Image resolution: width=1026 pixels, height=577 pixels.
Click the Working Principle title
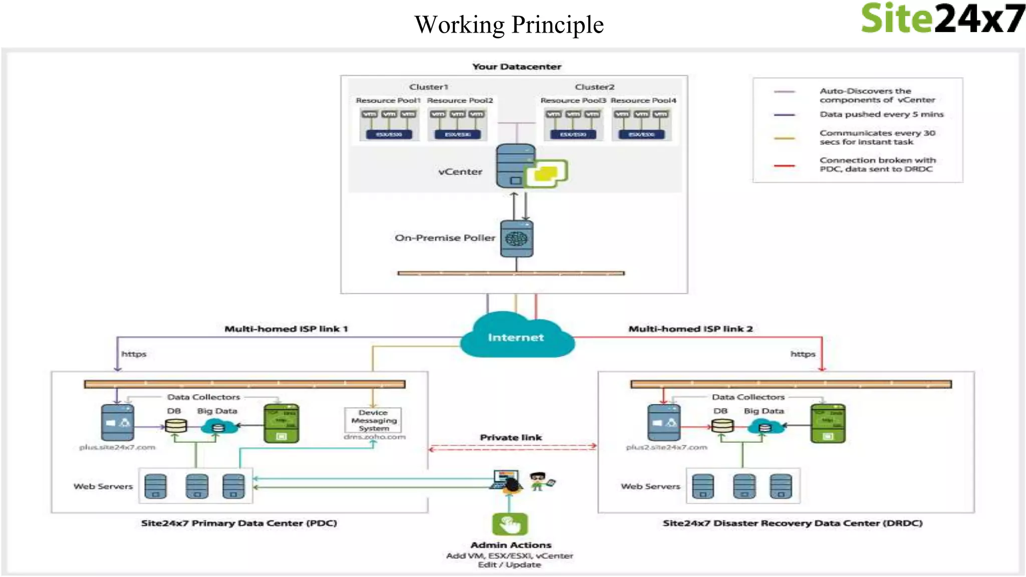pyautogui.click(x=509, y=25)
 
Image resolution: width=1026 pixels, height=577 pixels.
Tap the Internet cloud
pyautogui.click(x=516, y=337)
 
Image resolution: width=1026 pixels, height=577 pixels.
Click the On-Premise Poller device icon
pyautogui.click(x=517, y=238)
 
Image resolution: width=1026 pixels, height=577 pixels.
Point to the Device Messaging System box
pyautogui.click(x=373, y=420)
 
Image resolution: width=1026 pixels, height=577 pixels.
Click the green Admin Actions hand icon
pyautogui.click(x=510, y=524)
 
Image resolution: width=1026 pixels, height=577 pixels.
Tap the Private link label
pyautogui.click(x=510, y=437)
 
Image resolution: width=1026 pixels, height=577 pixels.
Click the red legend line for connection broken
pyautogui.click(x=784, y=165)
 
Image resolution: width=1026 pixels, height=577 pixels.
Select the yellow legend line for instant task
pyautogui.click(x=784, y=138)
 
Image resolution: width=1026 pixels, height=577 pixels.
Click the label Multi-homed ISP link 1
pyautogui.click(x=286, y=329)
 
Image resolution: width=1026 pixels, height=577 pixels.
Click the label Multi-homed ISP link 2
pyautogui.click(x=690, y=329)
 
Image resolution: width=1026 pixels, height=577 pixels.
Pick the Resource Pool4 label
pyautogui.click(x=643, y=101)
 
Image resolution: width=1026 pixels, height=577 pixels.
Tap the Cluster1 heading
pyautogui.click(x=428, y=87)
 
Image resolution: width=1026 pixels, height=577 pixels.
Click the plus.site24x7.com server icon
pyautogui.click(x=117, y=423)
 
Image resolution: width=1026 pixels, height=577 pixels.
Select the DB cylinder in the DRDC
pyautogui.click(x=722, y=426)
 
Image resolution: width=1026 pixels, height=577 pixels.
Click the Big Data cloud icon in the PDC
pyautogui.click(x=219, y=427)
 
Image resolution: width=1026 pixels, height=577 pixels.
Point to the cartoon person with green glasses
pyautogui.click(x=539, y=481)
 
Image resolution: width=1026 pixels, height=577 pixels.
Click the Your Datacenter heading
pyautogui.click(x=517, y=67)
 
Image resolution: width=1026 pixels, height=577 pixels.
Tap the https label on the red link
pyautogui.click(x=803, y=354)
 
